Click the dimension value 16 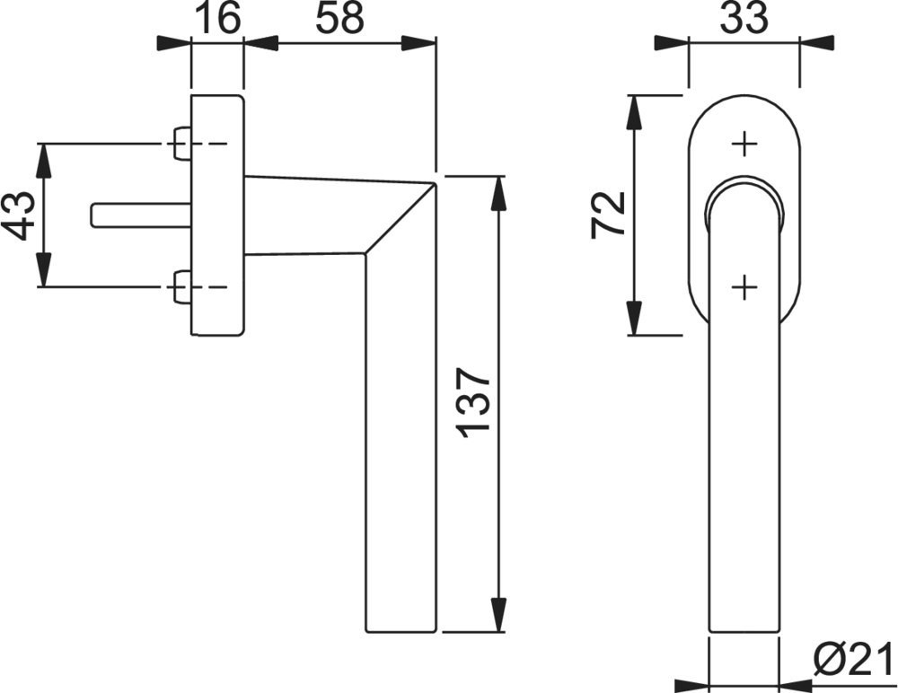217,18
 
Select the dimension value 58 339,18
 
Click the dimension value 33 744,18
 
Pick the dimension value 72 607,213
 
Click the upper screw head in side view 181,144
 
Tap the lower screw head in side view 181,286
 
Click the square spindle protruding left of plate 141,215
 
